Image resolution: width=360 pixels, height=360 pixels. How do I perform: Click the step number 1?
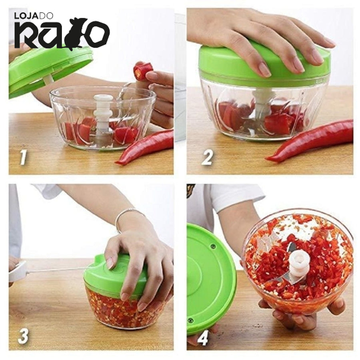pos(23,158)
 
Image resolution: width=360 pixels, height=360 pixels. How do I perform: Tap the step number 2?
pos(208,158)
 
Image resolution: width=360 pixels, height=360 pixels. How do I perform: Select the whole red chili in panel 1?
pos(145,147)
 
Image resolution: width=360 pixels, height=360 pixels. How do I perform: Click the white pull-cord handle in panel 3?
pos(18,270)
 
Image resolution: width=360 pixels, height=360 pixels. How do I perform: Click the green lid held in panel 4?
pos(210,279)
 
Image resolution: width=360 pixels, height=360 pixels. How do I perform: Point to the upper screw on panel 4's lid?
pos(213,247)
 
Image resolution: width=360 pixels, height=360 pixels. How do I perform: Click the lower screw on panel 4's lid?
pos(190,320)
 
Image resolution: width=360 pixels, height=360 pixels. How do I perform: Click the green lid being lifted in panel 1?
pos(49,69)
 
